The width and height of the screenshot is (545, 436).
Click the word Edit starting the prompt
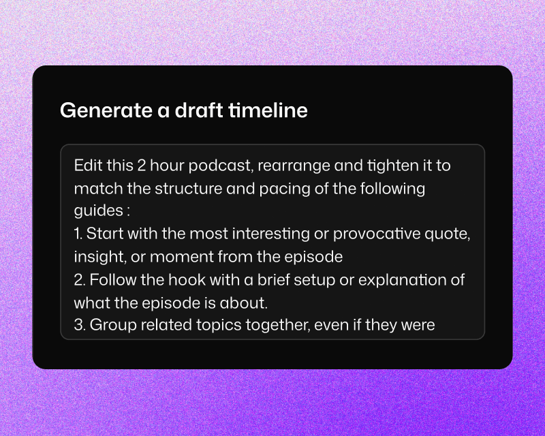86,166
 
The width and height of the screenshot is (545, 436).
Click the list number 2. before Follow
80,279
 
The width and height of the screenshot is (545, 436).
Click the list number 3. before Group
80,325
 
